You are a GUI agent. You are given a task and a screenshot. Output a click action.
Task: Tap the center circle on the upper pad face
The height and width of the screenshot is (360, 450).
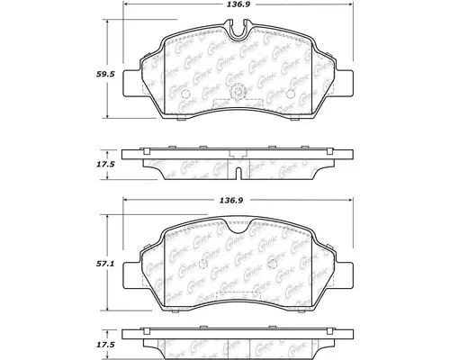point(237,94)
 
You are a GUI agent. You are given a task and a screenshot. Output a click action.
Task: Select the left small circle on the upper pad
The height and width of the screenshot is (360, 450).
point(184,94)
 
